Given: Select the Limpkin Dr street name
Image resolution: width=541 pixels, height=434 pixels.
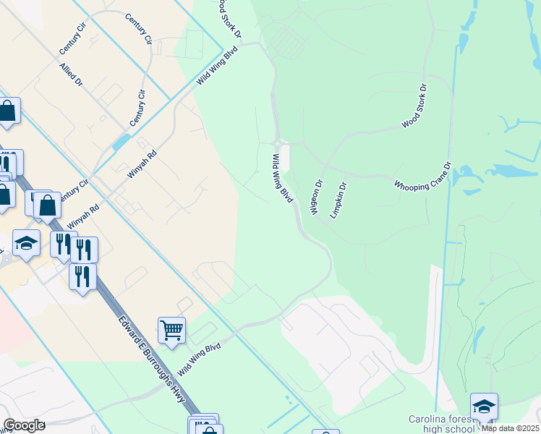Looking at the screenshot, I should (x=338, y=200).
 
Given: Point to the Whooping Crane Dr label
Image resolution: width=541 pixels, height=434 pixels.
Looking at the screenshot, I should (x=422, y=176).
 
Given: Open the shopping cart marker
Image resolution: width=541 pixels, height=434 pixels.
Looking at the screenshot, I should (x=172, y=331).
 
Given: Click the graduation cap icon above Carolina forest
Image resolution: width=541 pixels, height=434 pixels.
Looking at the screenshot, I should (x=484, y=407).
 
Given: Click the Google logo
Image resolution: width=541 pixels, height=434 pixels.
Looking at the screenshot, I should (x=23, y=425).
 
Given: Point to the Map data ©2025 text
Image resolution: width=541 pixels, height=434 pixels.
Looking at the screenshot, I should (x=511, y=428).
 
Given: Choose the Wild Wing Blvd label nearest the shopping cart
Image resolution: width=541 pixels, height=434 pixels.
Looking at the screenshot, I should (x=199, y=358).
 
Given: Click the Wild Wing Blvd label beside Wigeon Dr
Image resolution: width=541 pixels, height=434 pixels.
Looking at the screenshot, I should (x=284, y=178).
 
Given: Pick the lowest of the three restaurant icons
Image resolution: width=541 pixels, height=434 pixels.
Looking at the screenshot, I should (x=83, y=276).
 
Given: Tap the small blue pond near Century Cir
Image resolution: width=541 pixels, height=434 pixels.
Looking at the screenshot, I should (x=122, y=141).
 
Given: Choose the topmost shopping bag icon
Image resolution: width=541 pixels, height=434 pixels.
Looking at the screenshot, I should (x=7, y=111).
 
